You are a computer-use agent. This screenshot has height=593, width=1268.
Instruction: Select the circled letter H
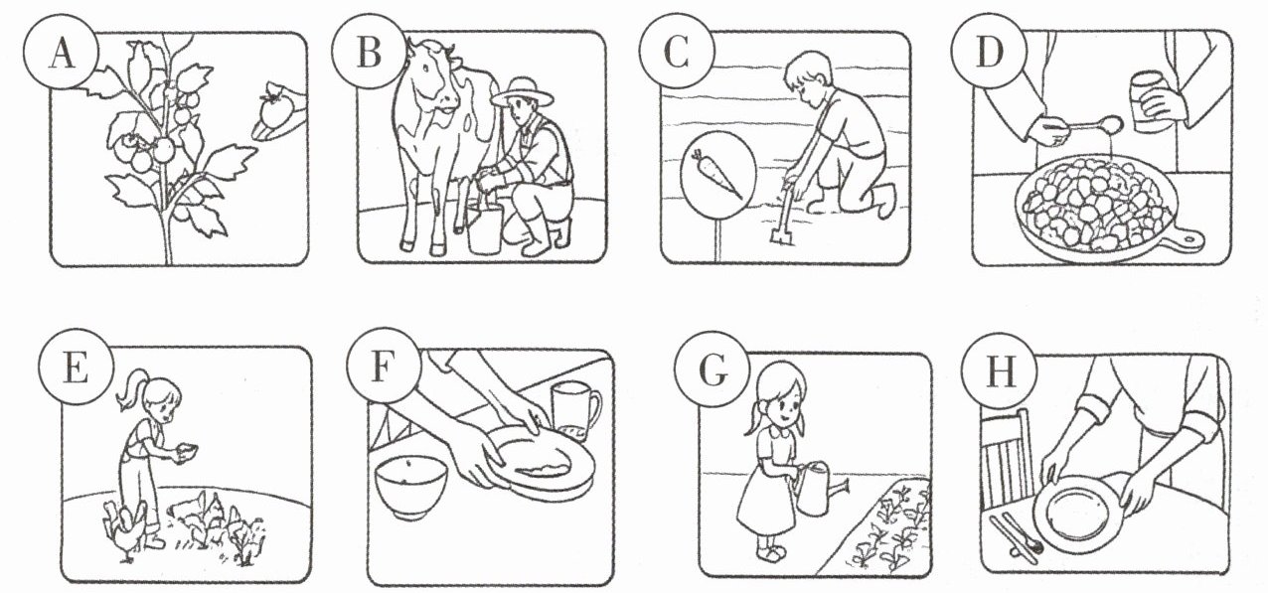click(1001, 371)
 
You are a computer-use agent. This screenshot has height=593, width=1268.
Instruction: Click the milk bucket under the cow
click(485, 228)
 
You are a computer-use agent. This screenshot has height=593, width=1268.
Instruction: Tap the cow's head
click(432, 79)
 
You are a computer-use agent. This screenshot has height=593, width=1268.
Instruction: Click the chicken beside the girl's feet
click(125, 530)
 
